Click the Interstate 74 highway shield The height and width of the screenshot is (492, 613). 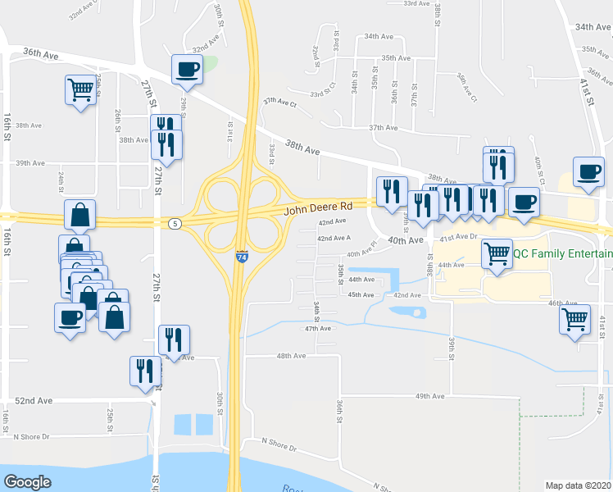pyautogui.click(x=242, y=257)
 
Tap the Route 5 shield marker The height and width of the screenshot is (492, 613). pyautogui.click(x=174, y=223)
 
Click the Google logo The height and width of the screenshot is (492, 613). pyautogui.click(x=27, y=482)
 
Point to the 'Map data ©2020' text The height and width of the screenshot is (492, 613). pyautogui.click(x=578, y=485)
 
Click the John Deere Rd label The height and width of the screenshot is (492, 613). pyautogui.click(x=318, y=209)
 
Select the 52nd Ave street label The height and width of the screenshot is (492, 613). pyautogui.click(x=34, y=400)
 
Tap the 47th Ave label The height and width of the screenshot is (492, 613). pyautogui.click(x=317, y=328)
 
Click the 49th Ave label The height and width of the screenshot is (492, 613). pyautogui.click(x=429, y=396)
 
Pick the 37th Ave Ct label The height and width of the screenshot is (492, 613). pyautogui.click(x=279, y=102)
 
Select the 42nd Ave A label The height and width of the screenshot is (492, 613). pyautogui.click(x=334, y=238)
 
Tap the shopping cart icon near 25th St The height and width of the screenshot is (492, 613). pyautogui.click(x=80, y=89)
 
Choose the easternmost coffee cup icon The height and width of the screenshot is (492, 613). pyautogui.click(x=588, y=171)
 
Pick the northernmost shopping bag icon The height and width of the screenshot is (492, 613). pyautogui.click(x=79, y=215)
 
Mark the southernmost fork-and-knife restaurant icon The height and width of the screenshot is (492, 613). pyautogui.click(x=145, y=370)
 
